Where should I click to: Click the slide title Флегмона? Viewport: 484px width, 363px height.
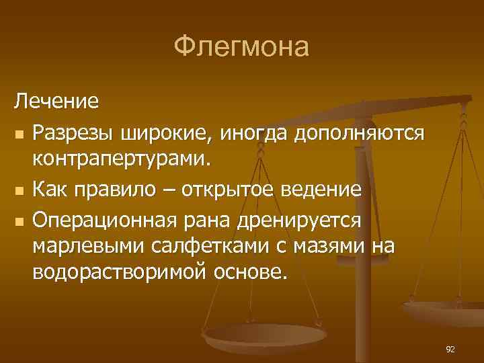pyautogui.click(x=241, y=48)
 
